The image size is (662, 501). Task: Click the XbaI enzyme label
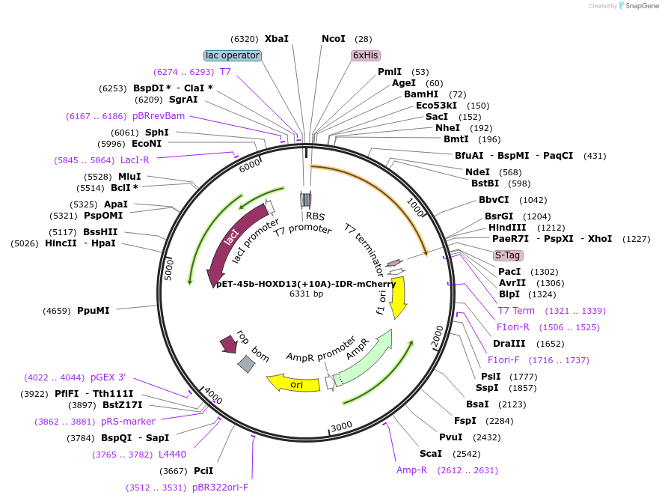point(276,39)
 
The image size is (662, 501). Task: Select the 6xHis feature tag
point(365,55)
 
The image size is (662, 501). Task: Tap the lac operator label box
point(233,55)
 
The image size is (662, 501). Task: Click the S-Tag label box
point(507,255)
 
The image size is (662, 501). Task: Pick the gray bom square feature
point(246,364)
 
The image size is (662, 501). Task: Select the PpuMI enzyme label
point(93,310)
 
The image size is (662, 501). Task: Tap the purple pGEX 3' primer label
point(108,377)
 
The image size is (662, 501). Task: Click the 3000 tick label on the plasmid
point(341,426)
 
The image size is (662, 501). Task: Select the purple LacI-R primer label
point(135,160)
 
